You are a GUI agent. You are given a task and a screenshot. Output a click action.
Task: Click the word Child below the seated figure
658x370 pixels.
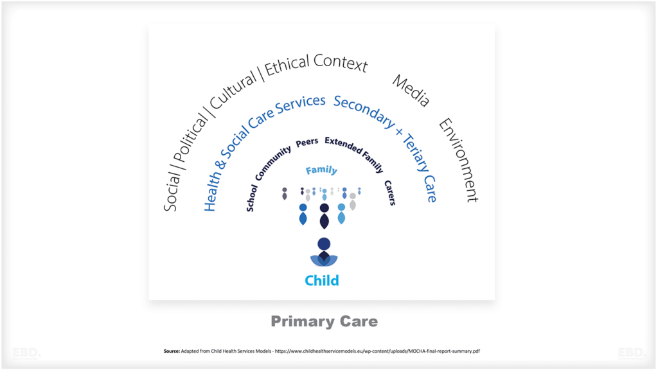coord(322,280)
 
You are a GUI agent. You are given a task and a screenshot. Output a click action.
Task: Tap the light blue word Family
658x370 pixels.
coord(321,170)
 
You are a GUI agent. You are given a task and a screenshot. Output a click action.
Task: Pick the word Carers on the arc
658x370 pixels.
coord(389,192)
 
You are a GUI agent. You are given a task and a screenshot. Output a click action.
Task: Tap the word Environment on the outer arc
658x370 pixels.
coord(459,161)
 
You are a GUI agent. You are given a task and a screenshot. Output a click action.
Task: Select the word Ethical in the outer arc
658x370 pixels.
coord(289,69)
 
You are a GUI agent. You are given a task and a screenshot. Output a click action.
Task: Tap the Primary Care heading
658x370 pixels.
coord(324,321)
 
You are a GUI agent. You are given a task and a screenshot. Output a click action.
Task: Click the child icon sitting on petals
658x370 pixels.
coord(324,252)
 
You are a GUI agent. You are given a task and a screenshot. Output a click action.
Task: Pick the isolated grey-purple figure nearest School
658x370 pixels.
coord(285,193)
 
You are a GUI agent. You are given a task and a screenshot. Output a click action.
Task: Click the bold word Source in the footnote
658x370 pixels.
coord(172,351)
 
